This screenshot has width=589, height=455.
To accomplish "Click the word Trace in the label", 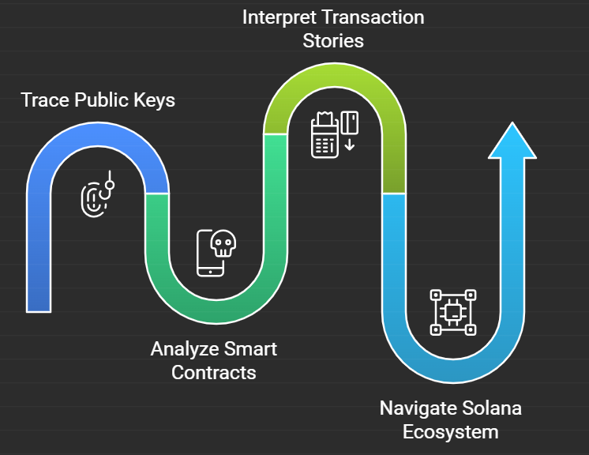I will pos(44,101).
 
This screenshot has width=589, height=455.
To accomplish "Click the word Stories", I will pos(334,41).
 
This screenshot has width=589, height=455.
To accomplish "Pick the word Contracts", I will pos(213,372).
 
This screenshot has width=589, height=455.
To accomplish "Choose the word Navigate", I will pos(418,408).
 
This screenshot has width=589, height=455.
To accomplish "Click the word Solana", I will pos(492,408).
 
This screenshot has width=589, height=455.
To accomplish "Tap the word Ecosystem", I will pos(450,432).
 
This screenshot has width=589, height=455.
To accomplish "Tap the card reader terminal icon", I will pos(324,136).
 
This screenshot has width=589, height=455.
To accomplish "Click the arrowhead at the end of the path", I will pos(513,142).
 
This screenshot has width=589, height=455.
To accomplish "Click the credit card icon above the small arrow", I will pos(350,122).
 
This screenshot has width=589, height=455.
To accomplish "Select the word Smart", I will pos(251,348).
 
